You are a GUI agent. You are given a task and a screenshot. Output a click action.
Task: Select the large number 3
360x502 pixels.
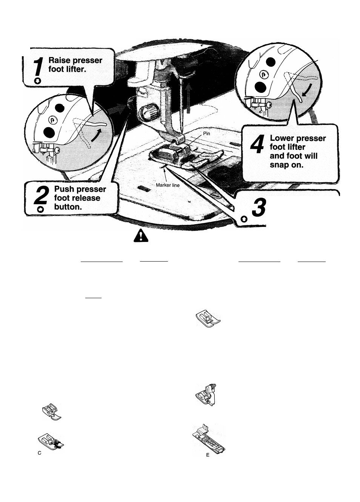[x=259, y=208]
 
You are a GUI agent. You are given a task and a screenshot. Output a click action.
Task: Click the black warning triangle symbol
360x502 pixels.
[x=140, y=237]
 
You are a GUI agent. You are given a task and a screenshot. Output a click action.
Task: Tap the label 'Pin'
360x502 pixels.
[x=206, y=133]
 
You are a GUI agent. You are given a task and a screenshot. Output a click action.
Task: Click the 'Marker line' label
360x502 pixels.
[x=168, y=185]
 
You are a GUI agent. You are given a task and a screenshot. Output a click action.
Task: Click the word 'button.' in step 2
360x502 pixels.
[x=68, y=207]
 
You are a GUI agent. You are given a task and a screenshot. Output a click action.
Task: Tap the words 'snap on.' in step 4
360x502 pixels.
[x=287, y=165]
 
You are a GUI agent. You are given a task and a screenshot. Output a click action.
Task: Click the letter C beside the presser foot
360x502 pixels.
[x=40, y=453]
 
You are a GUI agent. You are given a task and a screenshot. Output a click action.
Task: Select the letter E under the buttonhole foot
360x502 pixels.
[x=208, y=455]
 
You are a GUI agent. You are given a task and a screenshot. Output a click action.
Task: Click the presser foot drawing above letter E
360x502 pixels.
[x=209, y=439]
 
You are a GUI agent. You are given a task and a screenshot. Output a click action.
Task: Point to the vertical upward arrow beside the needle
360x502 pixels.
[x=189, y=99]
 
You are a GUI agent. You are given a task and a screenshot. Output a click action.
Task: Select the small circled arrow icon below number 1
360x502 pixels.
[x=37, y=80]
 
